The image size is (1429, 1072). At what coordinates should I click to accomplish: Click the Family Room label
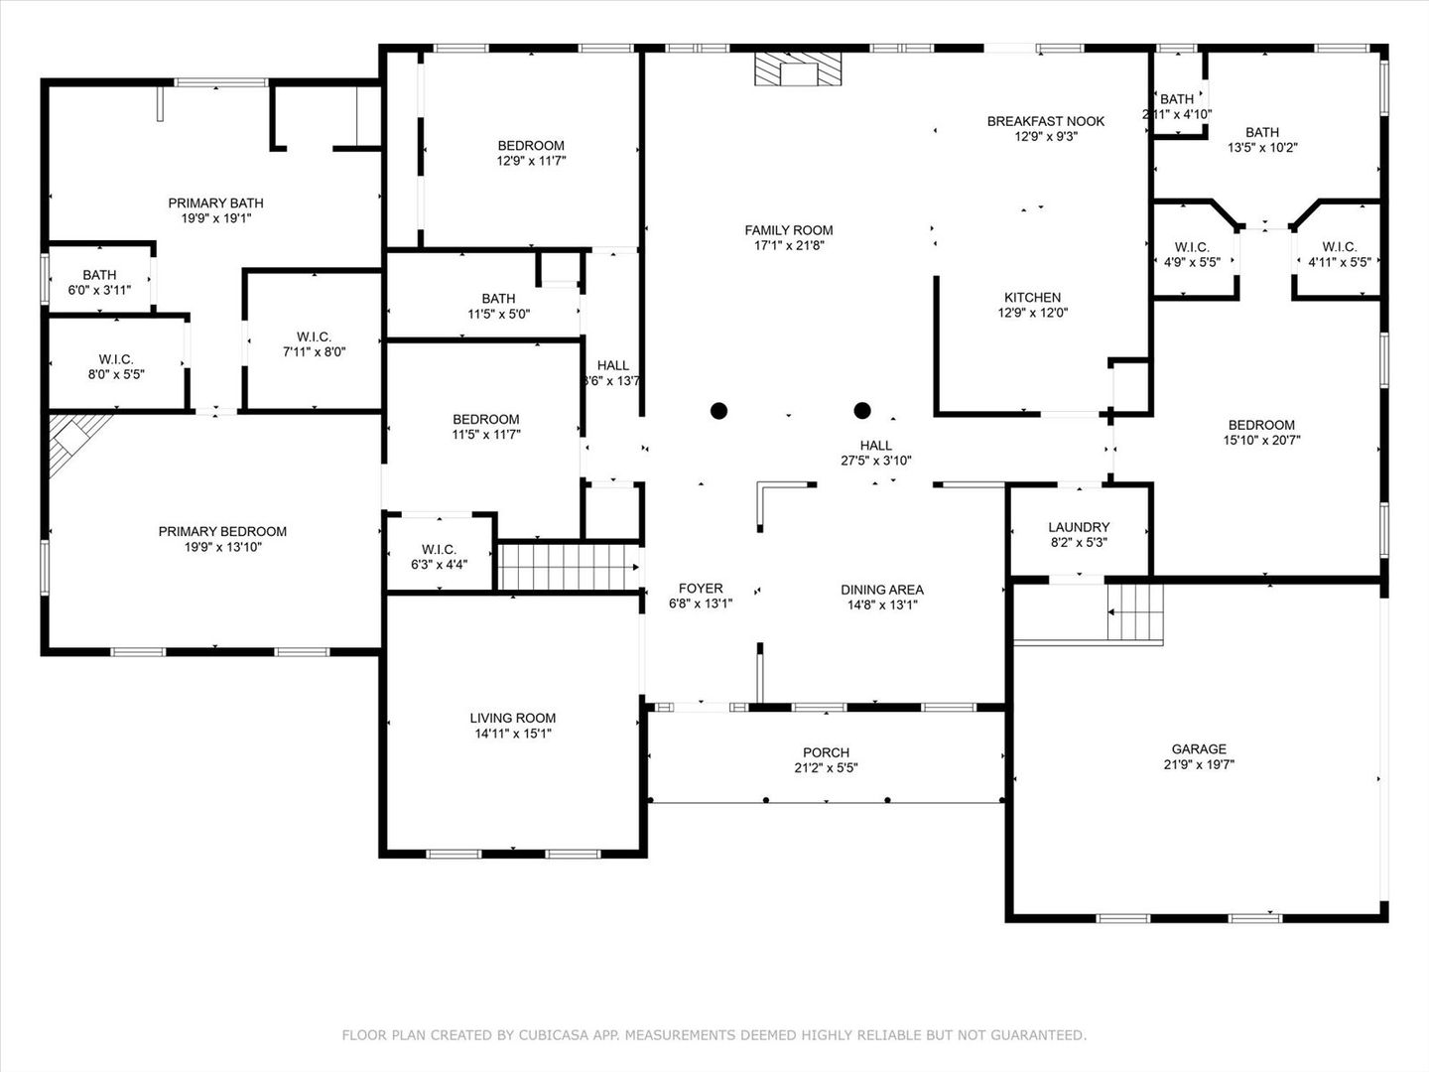click(788, 230)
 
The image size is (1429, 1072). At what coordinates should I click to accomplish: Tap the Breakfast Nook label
click(1046, 122)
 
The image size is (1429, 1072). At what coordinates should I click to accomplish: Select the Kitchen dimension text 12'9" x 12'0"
click(1032, 313)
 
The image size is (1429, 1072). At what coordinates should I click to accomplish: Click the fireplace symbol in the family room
click(798, 69)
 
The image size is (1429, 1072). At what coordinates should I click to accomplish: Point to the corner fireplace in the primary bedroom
click(74, 440)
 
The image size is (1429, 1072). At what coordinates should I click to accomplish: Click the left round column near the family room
click(718, 411)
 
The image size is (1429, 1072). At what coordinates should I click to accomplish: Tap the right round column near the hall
click(862, 410)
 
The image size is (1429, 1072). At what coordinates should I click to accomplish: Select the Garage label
click(1199, 749)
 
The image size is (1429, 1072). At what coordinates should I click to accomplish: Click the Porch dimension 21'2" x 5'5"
click(826, 768)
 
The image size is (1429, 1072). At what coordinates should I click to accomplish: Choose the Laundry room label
click(1079, 527)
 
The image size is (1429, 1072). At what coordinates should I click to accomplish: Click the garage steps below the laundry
click(1135, 612)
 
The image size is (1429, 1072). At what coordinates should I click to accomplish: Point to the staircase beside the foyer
click(569, 567)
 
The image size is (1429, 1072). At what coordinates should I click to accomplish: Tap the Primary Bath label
click(215, 203)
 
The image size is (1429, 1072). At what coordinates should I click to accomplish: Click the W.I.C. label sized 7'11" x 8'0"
click(314, 337)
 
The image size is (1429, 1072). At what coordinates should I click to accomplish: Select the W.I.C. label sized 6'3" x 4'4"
click(439, 549)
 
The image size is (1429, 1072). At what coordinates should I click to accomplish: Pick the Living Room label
click(512, 718)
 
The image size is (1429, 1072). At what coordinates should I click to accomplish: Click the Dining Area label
click(881, 590)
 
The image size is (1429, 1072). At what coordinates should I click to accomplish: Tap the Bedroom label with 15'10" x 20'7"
click(1261, 425)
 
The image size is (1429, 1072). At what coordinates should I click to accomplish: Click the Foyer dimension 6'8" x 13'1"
click(701, 604)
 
